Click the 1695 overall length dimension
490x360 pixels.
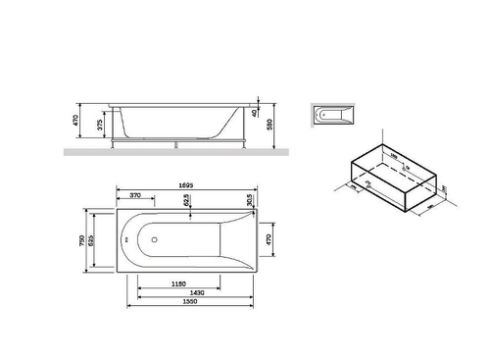[186, 181]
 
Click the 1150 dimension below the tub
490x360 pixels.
[175, 284]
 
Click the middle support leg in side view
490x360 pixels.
[174, 143]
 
